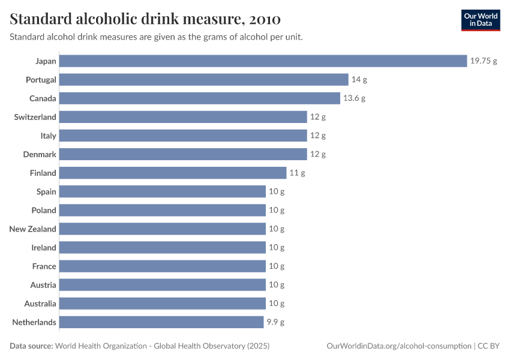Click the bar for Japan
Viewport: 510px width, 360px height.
pos(263,61)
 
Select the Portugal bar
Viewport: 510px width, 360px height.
pos(204,80)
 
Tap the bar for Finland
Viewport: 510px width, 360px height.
pos(173,173)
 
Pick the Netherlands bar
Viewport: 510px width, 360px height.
pos(161,322)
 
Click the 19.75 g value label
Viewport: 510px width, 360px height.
pos(484,61)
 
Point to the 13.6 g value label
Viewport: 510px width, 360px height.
pos(354,98)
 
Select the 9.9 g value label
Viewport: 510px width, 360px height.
pos(275,322)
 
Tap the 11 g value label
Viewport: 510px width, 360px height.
pos(298,173)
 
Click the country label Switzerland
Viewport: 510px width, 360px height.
pos(35,117)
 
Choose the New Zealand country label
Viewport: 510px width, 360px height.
pos(33,229)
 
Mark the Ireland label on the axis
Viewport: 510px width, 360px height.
pos(44,247)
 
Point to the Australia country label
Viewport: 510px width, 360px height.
pos(40,304)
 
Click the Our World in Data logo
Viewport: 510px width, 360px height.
pos(481,20)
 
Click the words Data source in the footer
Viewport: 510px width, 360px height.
pos(31,346)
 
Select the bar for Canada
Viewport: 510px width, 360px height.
pos(200,98)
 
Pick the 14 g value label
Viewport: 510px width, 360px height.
pos(359,80)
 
